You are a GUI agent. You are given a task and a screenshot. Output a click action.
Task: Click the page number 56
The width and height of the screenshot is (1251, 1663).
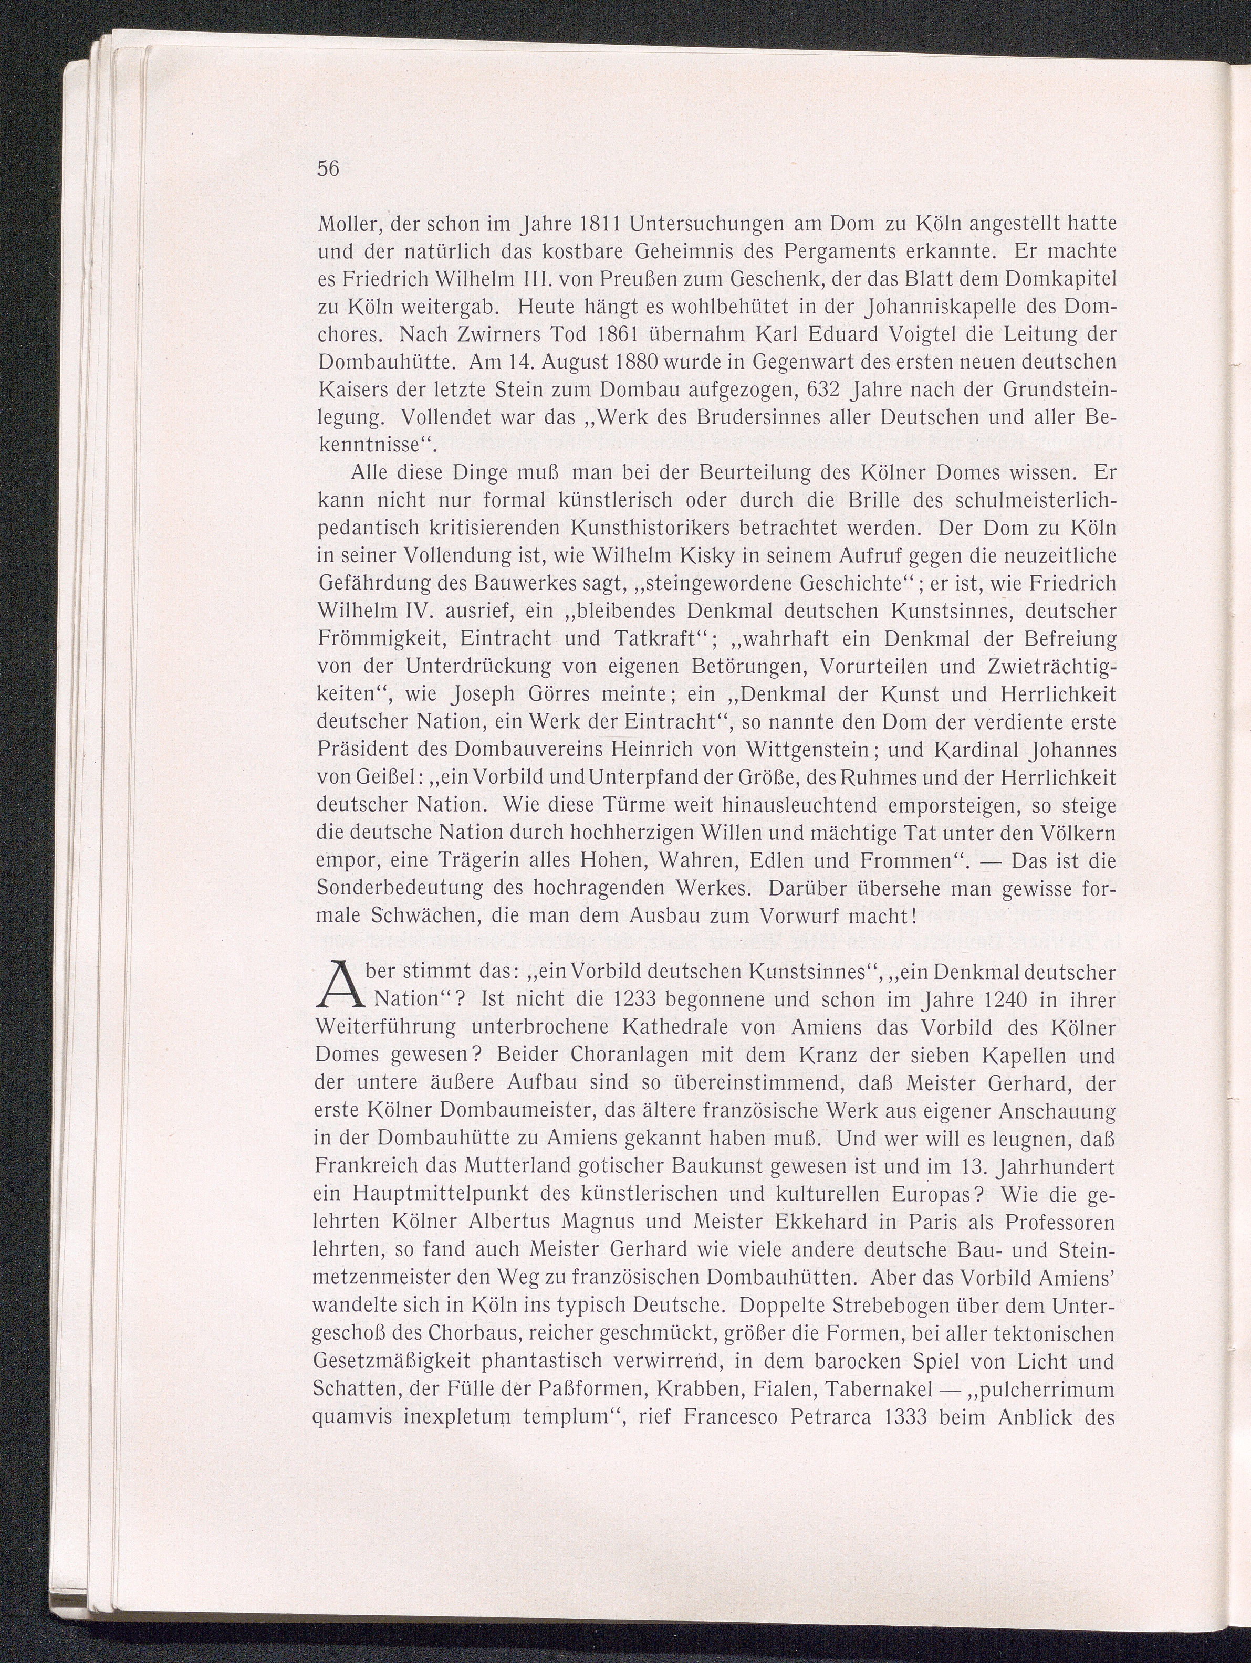(329, 169)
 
